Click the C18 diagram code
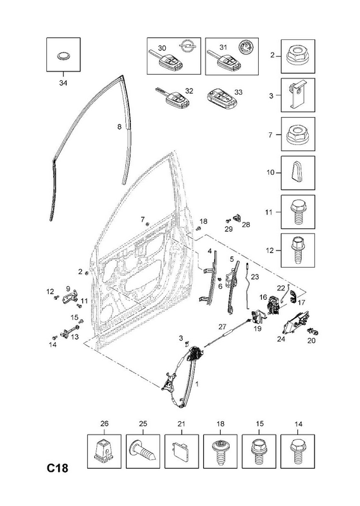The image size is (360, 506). coord(58,467)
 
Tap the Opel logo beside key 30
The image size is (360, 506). coord(185,47)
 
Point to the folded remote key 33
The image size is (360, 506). coord(222,99)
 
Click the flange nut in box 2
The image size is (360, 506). coord(297,56)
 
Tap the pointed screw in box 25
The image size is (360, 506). coord(142,452)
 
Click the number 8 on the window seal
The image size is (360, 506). coord(119,127)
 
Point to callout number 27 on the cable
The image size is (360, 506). coord(222,326)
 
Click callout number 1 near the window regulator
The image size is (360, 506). coord(197,384)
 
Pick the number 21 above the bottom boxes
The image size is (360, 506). coord(181,424)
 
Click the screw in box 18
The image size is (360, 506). coord(220,452)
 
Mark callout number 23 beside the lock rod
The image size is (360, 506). coord(255,276)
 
